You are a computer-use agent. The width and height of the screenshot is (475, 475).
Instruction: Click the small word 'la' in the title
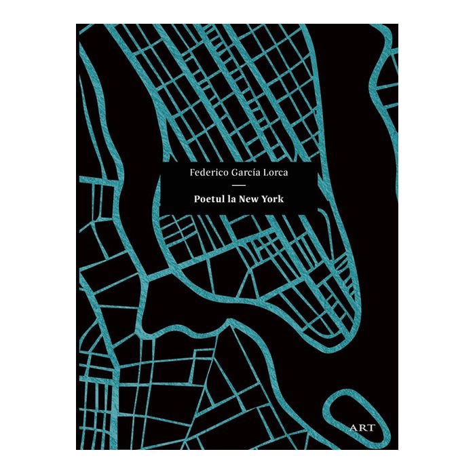tap(229, 200)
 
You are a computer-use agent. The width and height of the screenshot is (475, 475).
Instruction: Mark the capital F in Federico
tap(192, 173)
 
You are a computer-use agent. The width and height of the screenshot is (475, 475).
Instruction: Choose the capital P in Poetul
tap(194, 200)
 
